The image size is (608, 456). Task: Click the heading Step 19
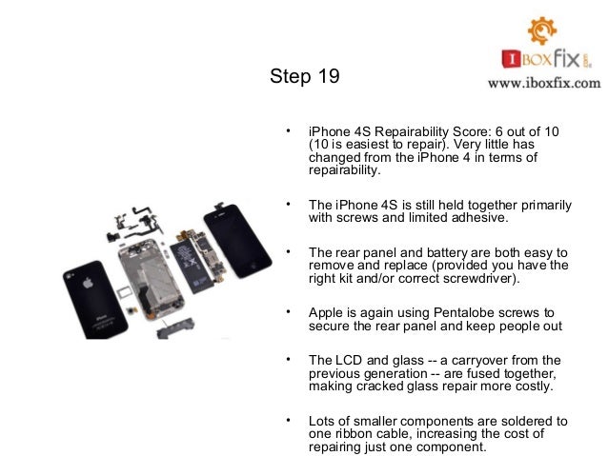point(304,76)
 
